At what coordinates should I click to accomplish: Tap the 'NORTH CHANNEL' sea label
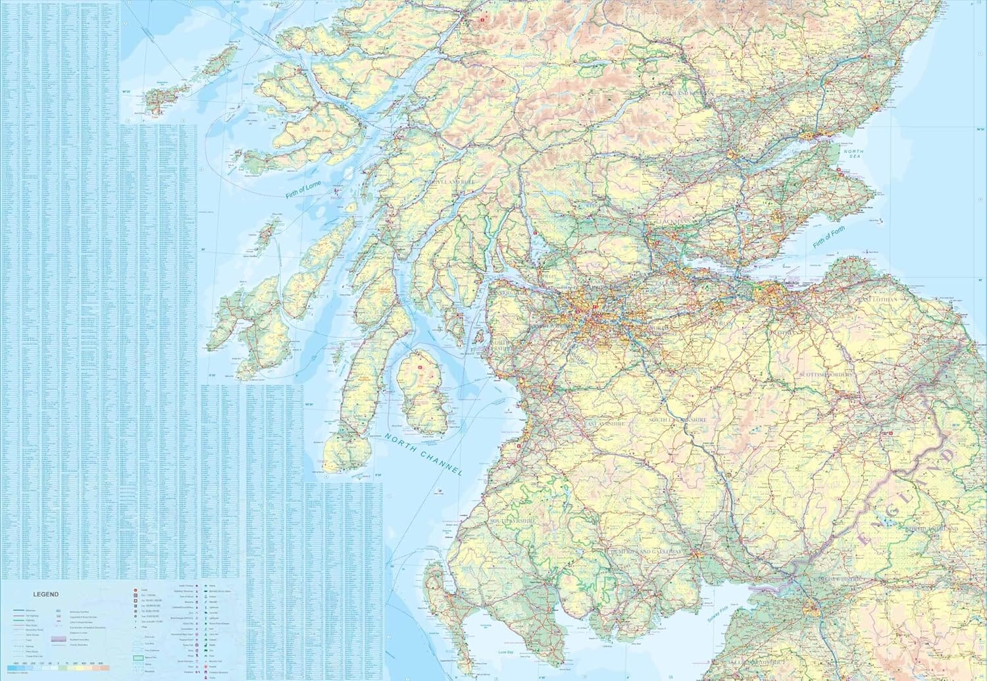424,454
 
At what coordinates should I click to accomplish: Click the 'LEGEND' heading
46,594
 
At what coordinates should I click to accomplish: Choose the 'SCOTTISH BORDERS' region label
826,374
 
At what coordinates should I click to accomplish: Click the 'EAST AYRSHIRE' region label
603,424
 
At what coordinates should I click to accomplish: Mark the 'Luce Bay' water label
506,652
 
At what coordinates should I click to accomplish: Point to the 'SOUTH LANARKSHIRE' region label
678,419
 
